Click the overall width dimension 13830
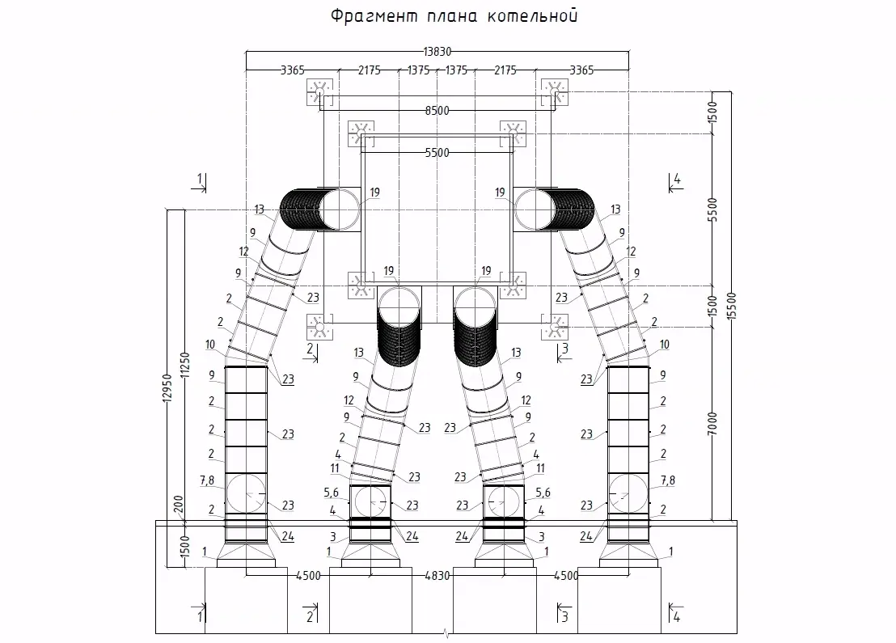[x=437, y=52]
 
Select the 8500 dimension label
[x=437, y=110]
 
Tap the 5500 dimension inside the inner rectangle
[x=437, y=153]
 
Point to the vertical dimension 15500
[x=732, y=306]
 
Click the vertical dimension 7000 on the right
[x=712, y=424]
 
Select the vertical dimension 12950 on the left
[x=167, y=388]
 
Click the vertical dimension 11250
[x=184, y=366]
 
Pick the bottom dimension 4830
[x=437, y=576]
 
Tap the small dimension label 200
[x=178, y=504]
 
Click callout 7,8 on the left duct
[x=207, y=480]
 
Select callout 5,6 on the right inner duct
[x=543, y=493]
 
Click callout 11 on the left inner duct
[x=336, y=468]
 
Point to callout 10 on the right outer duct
[x=664, y=345]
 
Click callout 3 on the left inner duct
[x=333, y=537]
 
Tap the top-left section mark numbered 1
[x=200, y=182]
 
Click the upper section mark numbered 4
[x=676, y=182]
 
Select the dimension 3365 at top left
[x=292, y=70]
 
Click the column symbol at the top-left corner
[x=319, y=92]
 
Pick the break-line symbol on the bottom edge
[x=446, y=633]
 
